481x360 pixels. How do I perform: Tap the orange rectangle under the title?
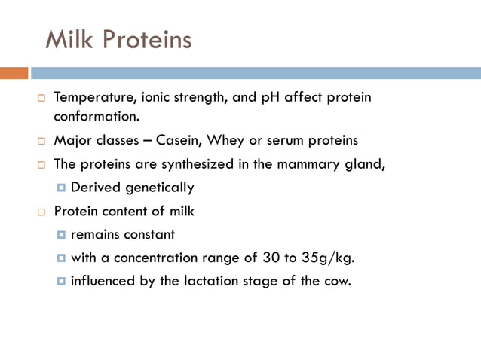coord(14,73)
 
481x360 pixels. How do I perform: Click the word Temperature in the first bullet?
coord(90,98)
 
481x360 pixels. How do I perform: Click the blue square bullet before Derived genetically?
coord(61,188)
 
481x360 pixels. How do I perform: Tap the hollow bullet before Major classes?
coord(42,141)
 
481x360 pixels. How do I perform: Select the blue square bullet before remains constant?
coord(61,234)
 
